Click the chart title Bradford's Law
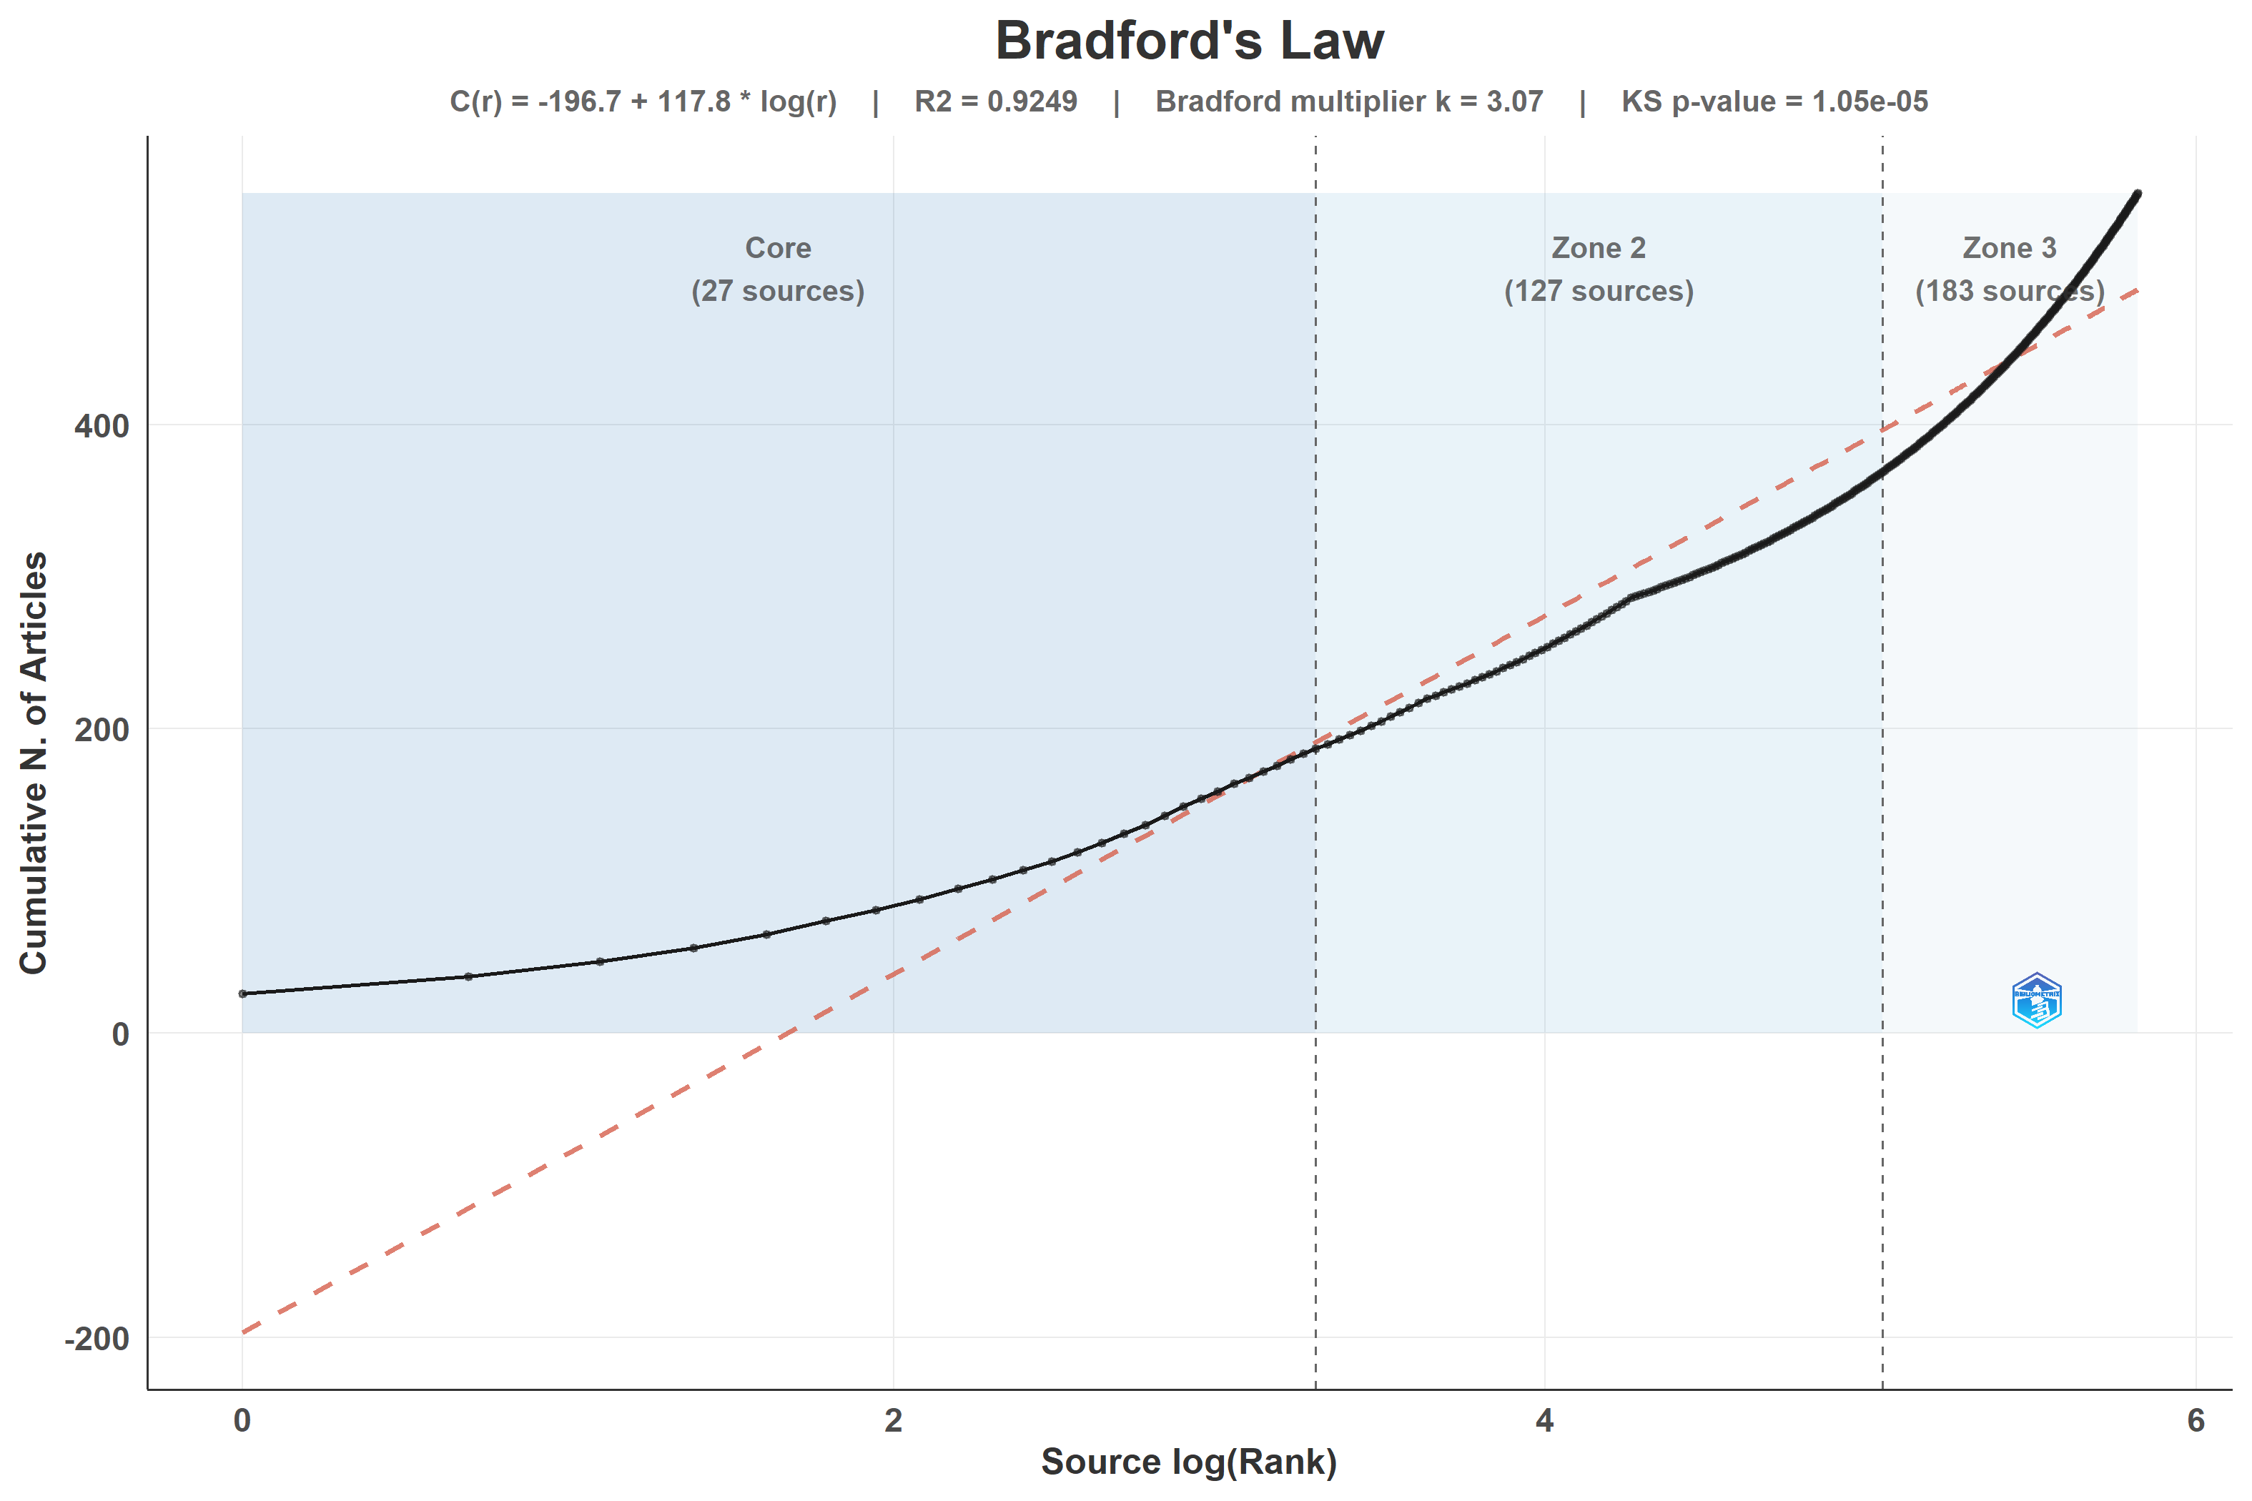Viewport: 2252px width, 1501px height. (x=1189, y=41)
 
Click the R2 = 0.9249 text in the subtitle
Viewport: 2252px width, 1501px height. (x=996, y=101)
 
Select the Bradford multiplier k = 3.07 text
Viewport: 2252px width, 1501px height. (x=1349, y=101)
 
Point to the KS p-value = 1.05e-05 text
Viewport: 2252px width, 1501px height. (x=1774, y=101)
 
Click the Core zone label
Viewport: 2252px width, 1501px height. (x=779, y=248)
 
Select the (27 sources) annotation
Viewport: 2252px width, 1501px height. (x=779, y=291)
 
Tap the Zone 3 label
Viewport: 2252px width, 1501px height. (x=2010, y=248)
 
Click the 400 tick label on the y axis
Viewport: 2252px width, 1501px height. (x=102, y=426)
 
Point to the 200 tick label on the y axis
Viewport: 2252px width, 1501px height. (x=102, y=730)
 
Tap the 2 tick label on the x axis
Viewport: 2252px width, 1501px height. (x=894, y=1421)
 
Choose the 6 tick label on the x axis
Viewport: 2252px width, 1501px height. (x=2196, y=1421)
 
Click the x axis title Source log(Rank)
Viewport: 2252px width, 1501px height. (x=1189, y=1462)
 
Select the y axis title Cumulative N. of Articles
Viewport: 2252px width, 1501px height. (x=34, y=763)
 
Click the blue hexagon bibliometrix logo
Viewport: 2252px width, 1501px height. (x=2037, y=1001)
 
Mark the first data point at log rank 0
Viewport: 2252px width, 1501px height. (x=242, y=994)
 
